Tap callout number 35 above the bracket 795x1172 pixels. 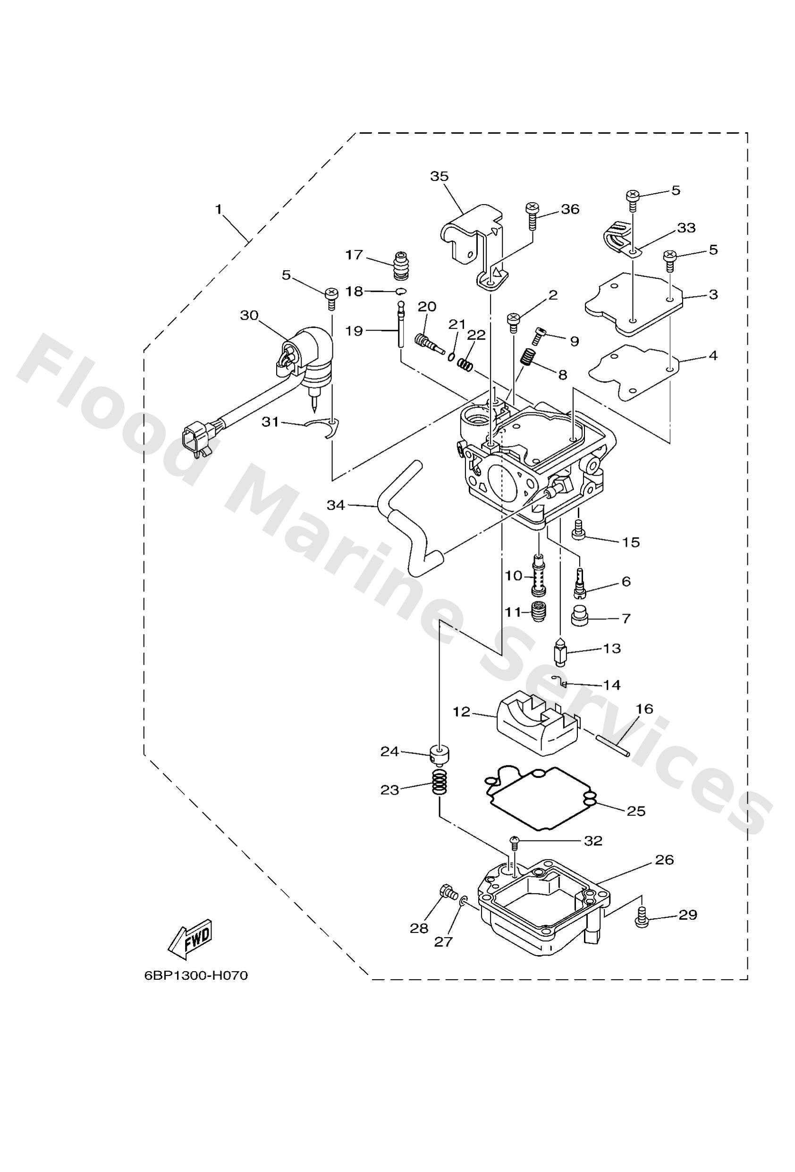(439, 176)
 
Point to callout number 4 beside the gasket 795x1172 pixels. (712, 355)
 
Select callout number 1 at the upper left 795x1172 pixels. (218, 209)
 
